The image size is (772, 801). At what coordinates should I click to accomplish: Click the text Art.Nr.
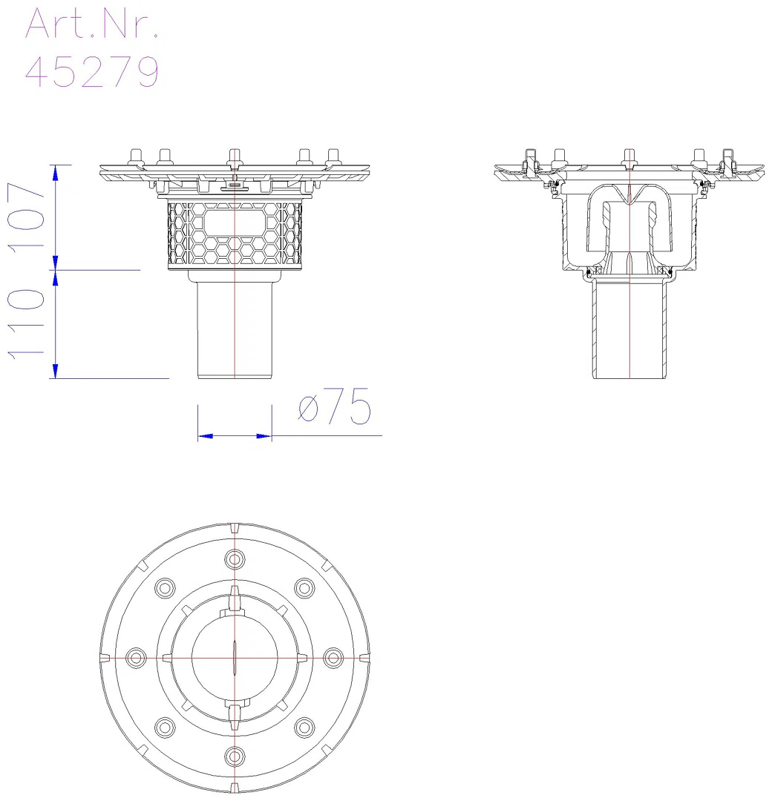(x=91, y=24)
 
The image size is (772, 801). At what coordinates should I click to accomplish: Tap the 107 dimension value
(x=26, y=215)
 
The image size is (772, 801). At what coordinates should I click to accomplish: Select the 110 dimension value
(x=26, y=323)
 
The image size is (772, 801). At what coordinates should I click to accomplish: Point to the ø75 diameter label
(x=334, y=406)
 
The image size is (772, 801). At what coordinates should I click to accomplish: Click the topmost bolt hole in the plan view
(x=234, y=559)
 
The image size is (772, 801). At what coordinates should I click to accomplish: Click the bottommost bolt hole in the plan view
(x=234, y=756)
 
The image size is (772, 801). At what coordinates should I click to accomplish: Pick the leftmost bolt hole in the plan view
(x=136, y=657)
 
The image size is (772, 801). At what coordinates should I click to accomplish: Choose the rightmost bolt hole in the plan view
(x=333, y=657)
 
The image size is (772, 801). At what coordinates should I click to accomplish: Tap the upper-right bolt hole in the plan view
(x=304, y=587)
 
